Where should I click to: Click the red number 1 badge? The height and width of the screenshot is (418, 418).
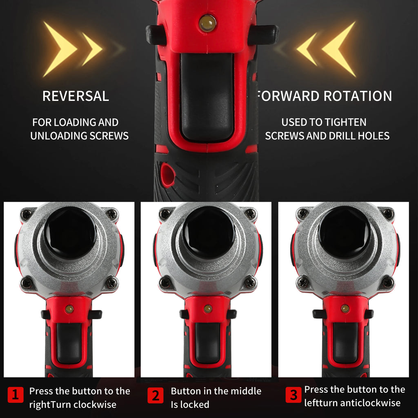pos(16,396)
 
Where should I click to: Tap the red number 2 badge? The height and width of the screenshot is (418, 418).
pos(156,396)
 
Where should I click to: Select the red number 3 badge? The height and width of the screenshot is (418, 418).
pos(293,395)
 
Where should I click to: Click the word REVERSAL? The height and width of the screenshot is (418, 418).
pos(76,96)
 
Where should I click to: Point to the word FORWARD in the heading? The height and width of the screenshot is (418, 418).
pos(288,96)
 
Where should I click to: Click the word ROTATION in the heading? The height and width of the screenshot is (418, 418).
pos(358,96)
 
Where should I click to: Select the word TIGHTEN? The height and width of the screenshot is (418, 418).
pos(345,122)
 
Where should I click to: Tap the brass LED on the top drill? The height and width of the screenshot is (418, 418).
pos(207,23)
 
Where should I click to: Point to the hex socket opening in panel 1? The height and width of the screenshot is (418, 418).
pos(69,232)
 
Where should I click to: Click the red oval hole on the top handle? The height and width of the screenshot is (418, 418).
pos(167,175)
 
